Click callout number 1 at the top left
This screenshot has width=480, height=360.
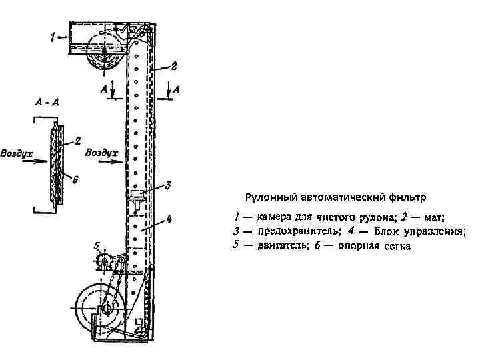tap(53, 38)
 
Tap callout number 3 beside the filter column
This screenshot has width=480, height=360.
tap(168, 185)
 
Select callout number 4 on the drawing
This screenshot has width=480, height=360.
tap(169, 219)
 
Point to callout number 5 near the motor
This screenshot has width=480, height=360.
tap(97, 245)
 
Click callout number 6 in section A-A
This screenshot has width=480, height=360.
tap(75, 179)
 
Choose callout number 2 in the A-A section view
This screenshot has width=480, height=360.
tap(78, 141)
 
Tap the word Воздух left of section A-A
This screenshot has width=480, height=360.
tap(17, 153)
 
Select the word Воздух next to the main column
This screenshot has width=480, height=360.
tap(102, 153)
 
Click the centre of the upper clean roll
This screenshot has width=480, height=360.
tap(105, 52)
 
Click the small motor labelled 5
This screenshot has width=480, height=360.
tap(105, 261)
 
